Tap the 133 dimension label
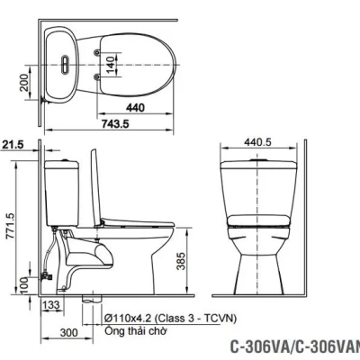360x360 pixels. point(52,306)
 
